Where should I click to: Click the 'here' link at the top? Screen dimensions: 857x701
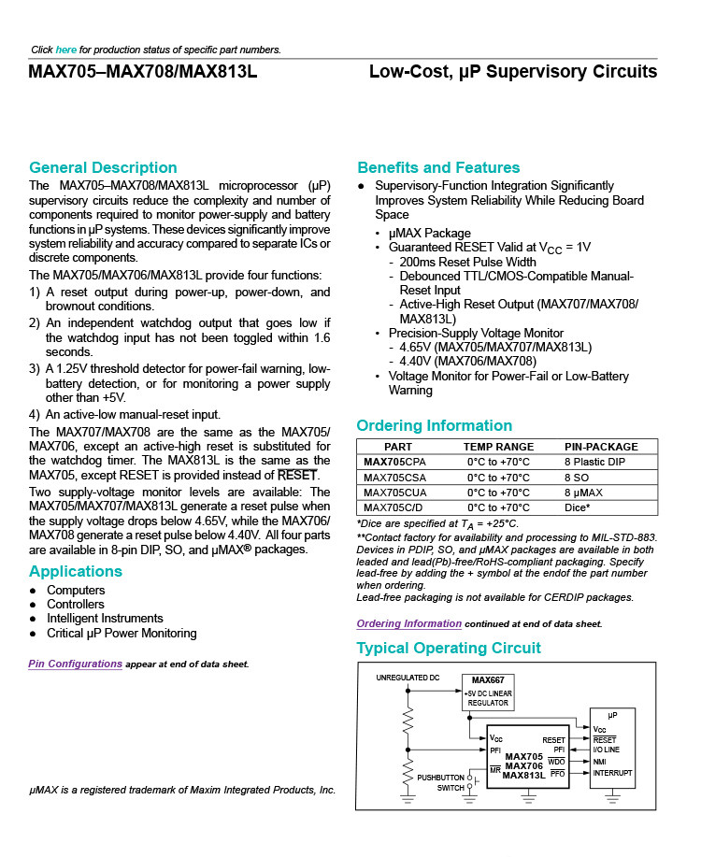65,50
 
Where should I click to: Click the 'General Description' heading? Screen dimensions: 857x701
103,168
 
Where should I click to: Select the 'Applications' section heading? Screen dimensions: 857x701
76,571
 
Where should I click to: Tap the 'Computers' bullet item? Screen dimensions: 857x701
76,591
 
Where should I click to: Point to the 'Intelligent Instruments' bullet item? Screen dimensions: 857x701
105,619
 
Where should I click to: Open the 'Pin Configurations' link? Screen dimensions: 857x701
76,664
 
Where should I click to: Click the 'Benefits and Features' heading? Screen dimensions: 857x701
438,168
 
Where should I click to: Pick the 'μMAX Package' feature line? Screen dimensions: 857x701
429,233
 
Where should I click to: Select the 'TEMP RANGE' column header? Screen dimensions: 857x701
500,447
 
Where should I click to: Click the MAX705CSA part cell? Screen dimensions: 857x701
394,477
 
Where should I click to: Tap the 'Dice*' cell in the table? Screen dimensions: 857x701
577,507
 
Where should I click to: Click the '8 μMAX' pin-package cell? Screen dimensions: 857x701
583,492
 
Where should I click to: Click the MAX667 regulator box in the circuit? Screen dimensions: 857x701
488,692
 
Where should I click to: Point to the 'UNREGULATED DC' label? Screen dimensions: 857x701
407,677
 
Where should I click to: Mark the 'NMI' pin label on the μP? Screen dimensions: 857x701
600,761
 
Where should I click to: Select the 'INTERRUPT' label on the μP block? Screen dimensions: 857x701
612,773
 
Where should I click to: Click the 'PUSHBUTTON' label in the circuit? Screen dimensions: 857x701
440,777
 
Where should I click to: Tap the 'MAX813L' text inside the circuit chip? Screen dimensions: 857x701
523,775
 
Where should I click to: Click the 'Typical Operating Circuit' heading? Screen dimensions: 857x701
449,649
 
